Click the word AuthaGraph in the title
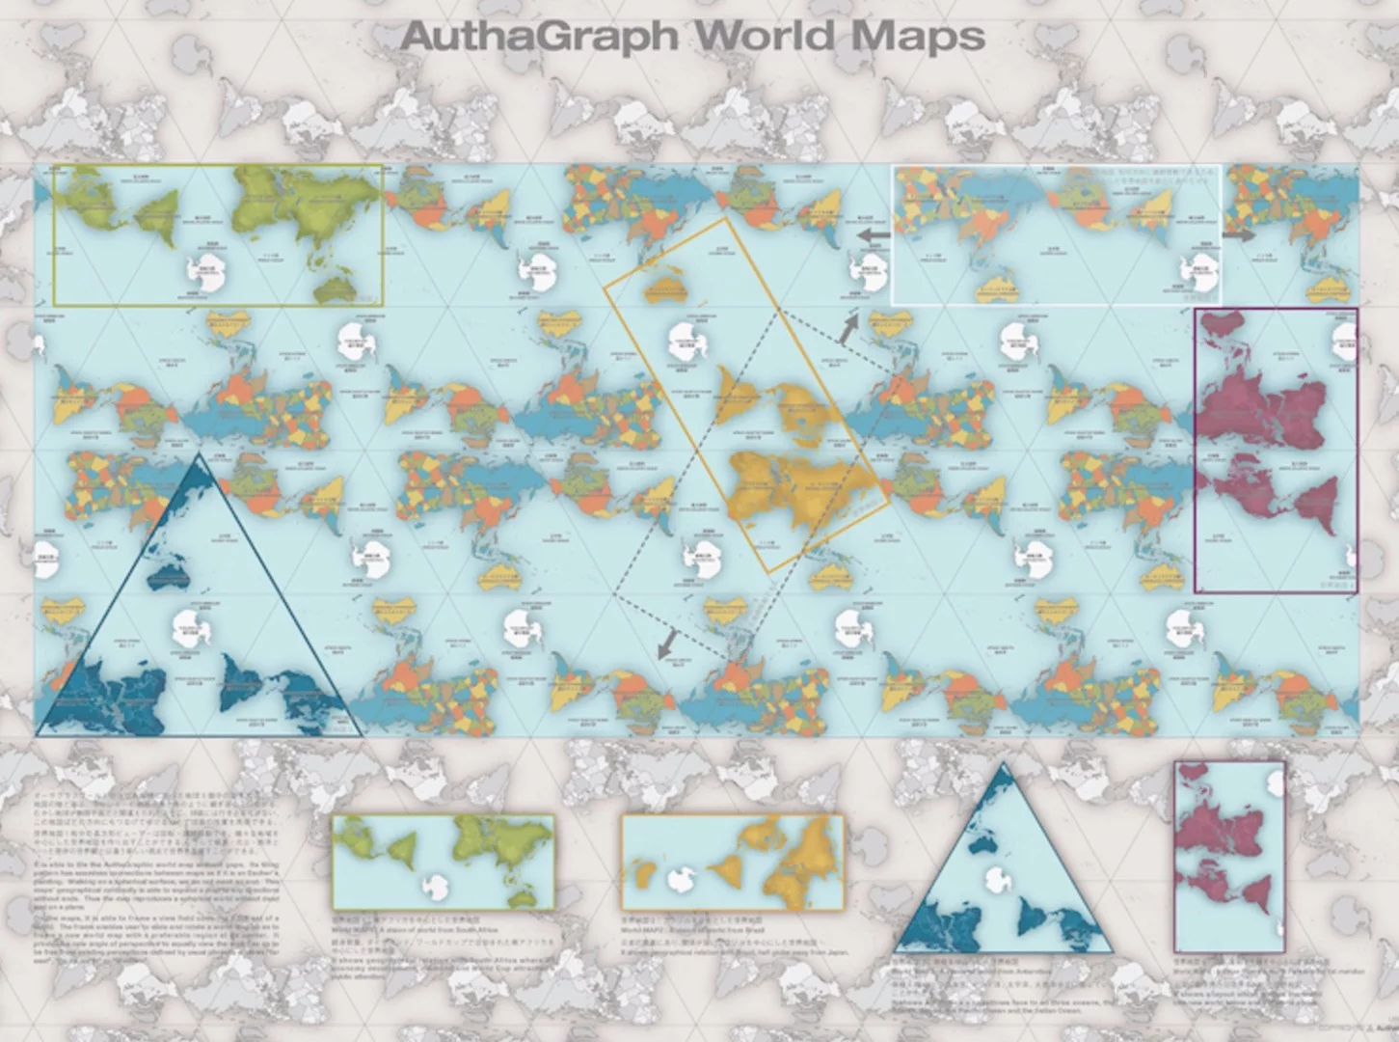click(540, 37)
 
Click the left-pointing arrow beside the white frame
click(874, 235)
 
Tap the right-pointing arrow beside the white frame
click(1239, 234)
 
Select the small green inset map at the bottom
click(444, 862)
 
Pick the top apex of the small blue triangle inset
click(1004, 765)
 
